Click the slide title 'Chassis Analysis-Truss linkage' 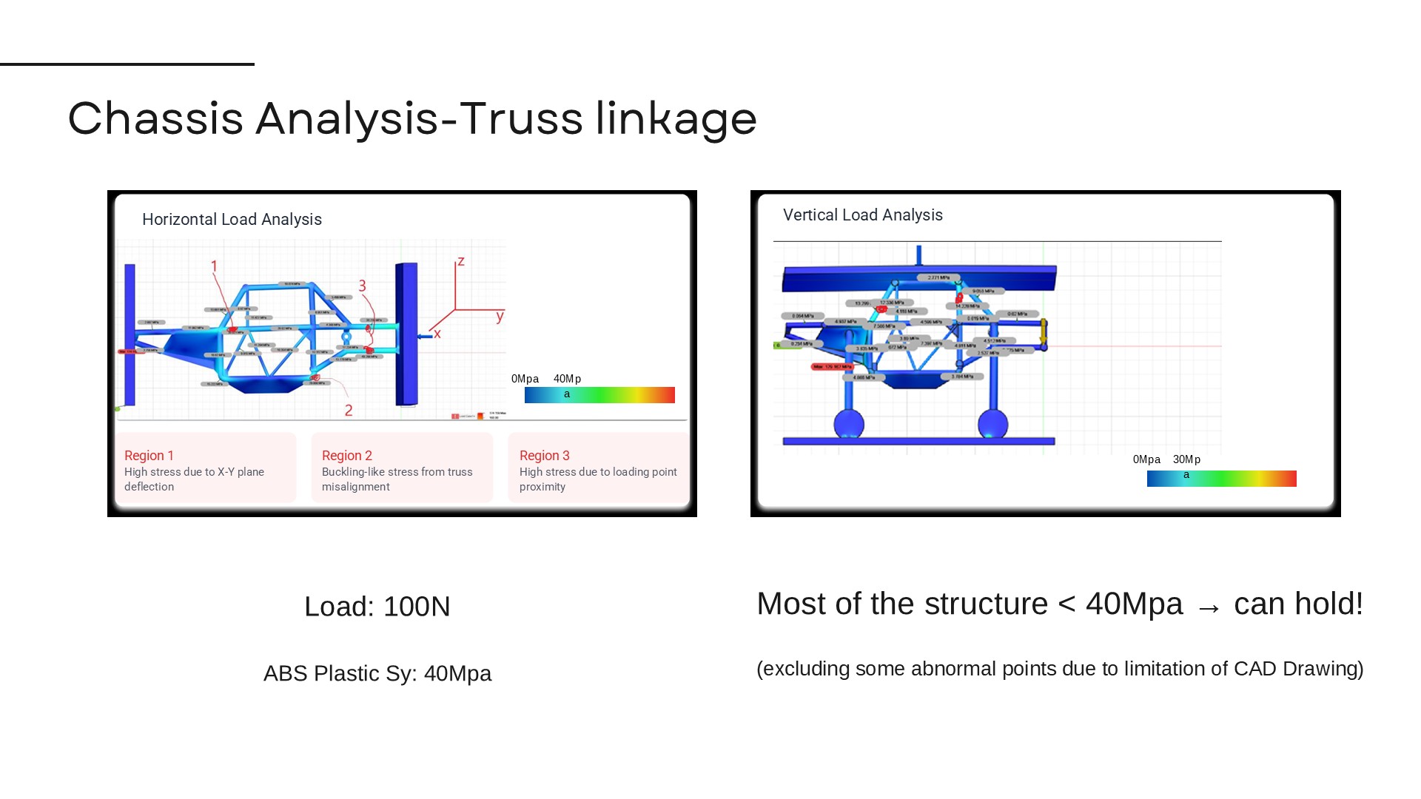412,118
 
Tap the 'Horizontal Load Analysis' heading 232,220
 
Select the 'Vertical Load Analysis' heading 862,215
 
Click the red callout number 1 214,266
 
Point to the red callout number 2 349,410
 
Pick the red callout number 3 362,286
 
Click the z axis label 461,261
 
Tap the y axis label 500,317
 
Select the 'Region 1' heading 149,456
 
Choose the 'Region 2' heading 346,456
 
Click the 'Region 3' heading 544,456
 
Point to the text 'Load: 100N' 377,607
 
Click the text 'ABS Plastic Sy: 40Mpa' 377,673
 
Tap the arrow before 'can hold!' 1209,607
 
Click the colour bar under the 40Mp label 599,395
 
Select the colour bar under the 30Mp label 1221,479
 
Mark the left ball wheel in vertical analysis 848,425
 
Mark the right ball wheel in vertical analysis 992,425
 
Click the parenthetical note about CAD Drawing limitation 1059,669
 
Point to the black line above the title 127,64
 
